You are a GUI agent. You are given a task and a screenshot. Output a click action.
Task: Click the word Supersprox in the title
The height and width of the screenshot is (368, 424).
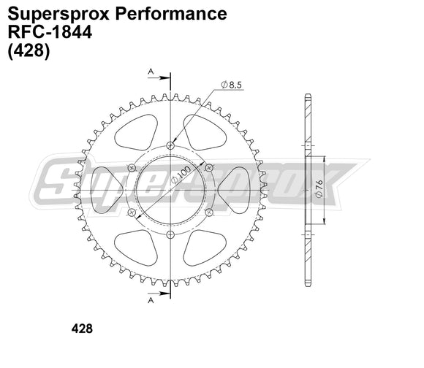click(x=51, y=14)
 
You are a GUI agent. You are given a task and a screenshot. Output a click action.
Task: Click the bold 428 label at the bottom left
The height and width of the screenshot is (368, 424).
click(x=82, y=329)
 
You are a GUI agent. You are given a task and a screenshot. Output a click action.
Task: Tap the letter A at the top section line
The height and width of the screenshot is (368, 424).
click(x=151, y=72)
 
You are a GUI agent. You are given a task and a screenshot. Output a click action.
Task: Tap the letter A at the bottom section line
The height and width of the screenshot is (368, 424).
click(x=151, y=299)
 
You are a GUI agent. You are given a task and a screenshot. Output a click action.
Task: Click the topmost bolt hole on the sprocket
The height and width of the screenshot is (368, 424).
click(x=170, y=145)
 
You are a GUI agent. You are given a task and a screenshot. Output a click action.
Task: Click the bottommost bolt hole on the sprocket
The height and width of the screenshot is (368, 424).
click(x=170, y=234)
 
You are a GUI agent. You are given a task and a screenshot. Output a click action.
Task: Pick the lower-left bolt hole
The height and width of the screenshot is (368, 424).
click(x=132, y=212)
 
